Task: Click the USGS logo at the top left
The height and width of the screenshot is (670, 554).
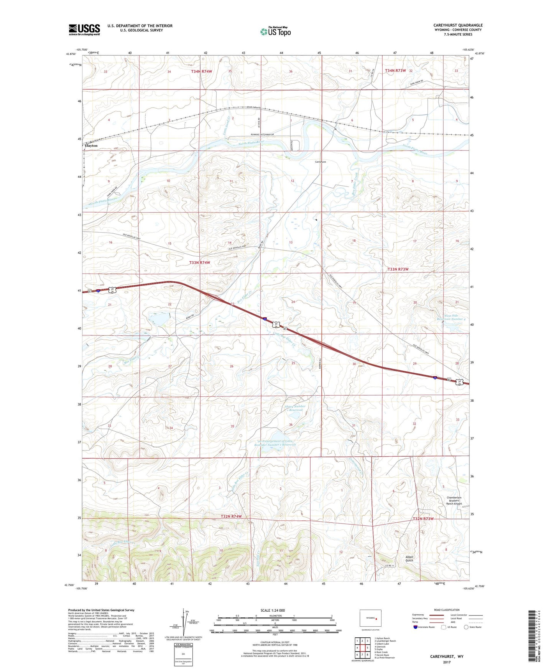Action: [84, 30]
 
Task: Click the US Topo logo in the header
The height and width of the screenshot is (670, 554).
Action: [275, 31]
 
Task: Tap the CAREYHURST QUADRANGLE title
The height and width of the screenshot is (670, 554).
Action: [458, 25]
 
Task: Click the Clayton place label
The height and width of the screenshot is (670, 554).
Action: [91, 146]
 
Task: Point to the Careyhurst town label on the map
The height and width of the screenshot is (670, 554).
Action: [321, 162]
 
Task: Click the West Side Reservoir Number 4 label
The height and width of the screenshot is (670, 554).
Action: [451, 317]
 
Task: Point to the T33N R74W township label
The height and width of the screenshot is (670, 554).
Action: [200, 262]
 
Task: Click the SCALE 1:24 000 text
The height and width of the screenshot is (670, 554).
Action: [273, 611]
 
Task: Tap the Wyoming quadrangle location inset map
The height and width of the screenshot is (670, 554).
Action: [370, 619]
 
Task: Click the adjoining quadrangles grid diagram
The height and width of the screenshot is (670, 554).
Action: [362, 649]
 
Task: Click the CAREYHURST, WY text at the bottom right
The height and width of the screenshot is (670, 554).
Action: [446, 657]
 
